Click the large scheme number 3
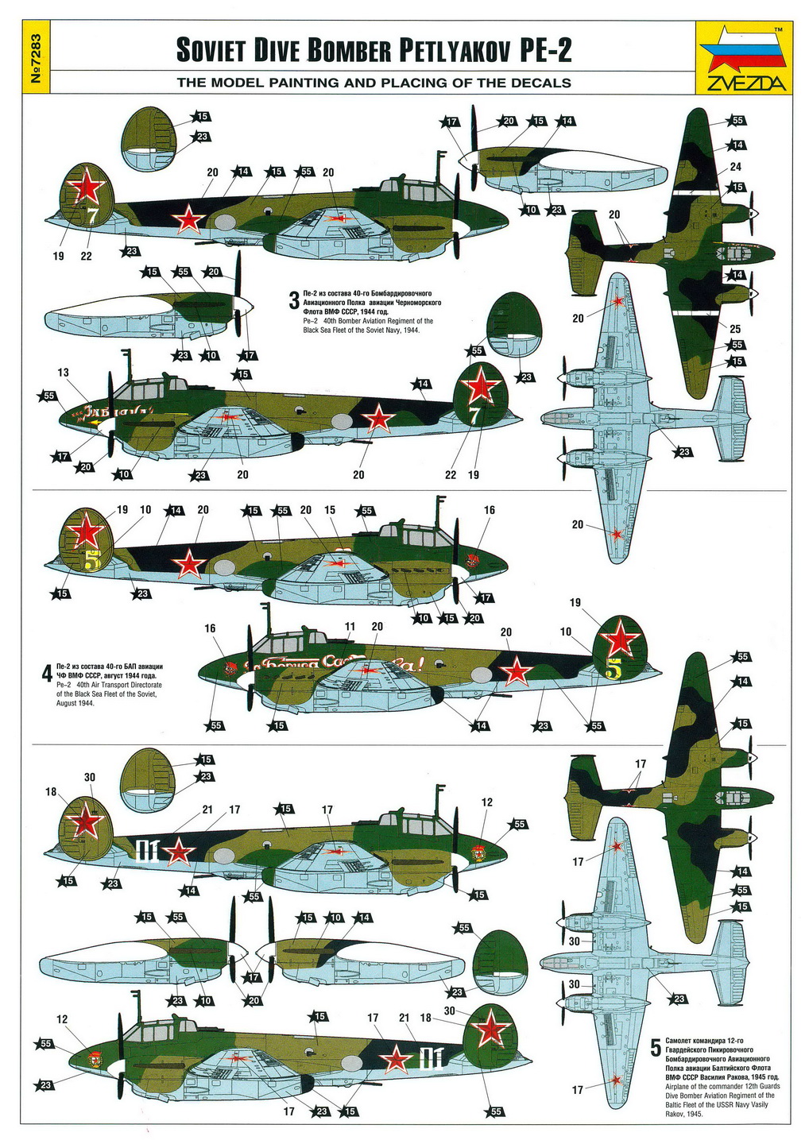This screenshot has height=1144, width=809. click(293, 302)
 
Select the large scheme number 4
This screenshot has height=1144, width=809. click(47, 674)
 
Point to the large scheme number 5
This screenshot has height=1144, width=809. click(655, 1048)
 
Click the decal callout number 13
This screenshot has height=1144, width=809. click(64, 373)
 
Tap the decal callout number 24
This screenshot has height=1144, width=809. click(735, 167)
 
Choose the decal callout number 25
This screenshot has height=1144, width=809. click(735, 329)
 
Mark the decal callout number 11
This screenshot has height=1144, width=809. click(350, 627)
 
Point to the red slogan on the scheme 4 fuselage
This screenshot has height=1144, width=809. click(334, 662)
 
